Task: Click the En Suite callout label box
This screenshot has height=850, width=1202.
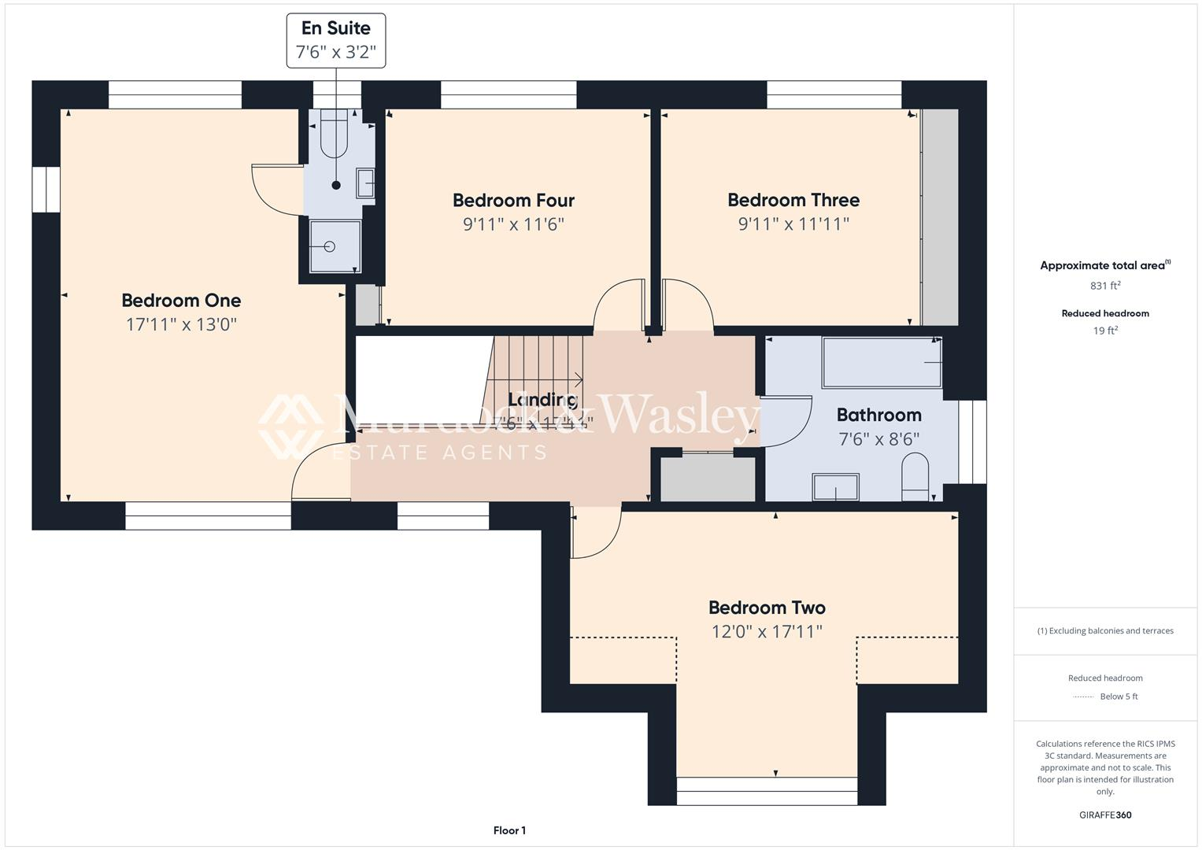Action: coord(336,40)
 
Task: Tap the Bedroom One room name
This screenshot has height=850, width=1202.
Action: coord(181,301)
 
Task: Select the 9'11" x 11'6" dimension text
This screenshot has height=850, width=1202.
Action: coord(513,224)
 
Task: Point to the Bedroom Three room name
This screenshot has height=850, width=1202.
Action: coord(793,200)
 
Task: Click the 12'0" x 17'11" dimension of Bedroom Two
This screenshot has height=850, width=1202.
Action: coord(767,631)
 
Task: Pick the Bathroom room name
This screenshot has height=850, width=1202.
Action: coord(878,415)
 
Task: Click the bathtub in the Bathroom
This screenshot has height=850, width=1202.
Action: coord(882,363)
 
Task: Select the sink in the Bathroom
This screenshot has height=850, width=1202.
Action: coord(835,487)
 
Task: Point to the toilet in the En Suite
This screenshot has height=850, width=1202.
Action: coord(336,130)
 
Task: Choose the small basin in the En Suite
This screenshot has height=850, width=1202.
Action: coord(365,183)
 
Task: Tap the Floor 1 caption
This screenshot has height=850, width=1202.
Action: coord(509,830)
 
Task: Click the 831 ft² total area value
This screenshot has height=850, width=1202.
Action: coord(1105,286)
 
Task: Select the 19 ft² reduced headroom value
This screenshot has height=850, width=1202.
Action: coord(1105,331)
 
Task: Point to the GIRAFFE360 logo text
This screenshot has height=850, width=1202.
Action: coord(1105,815)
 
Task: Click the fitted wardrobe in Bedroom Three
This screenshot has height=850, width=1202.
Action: coord(940,217)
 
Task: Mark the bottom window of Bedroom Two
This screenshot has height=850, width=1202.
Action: coord(767,790)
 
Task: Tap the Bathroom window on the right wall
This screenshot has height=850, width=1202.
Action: coord(973,442)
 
